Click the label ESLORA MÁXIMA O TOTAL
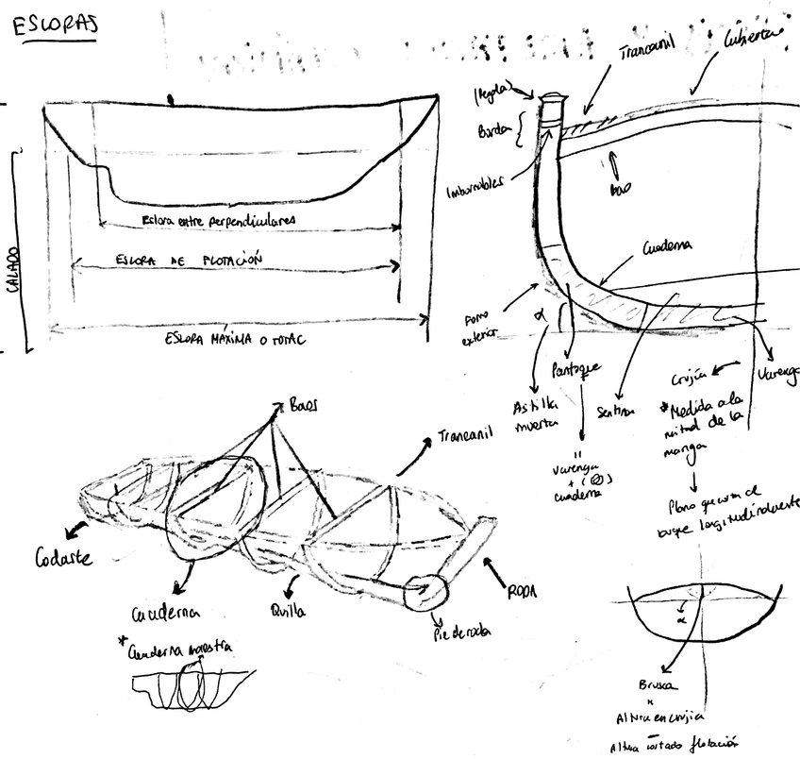pyautogui.click(x=239, y=339)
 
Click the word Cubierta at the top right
pyautogui.click(x=752, y=38)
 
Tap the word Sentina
pyautogui.click(x=618, y=412)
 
